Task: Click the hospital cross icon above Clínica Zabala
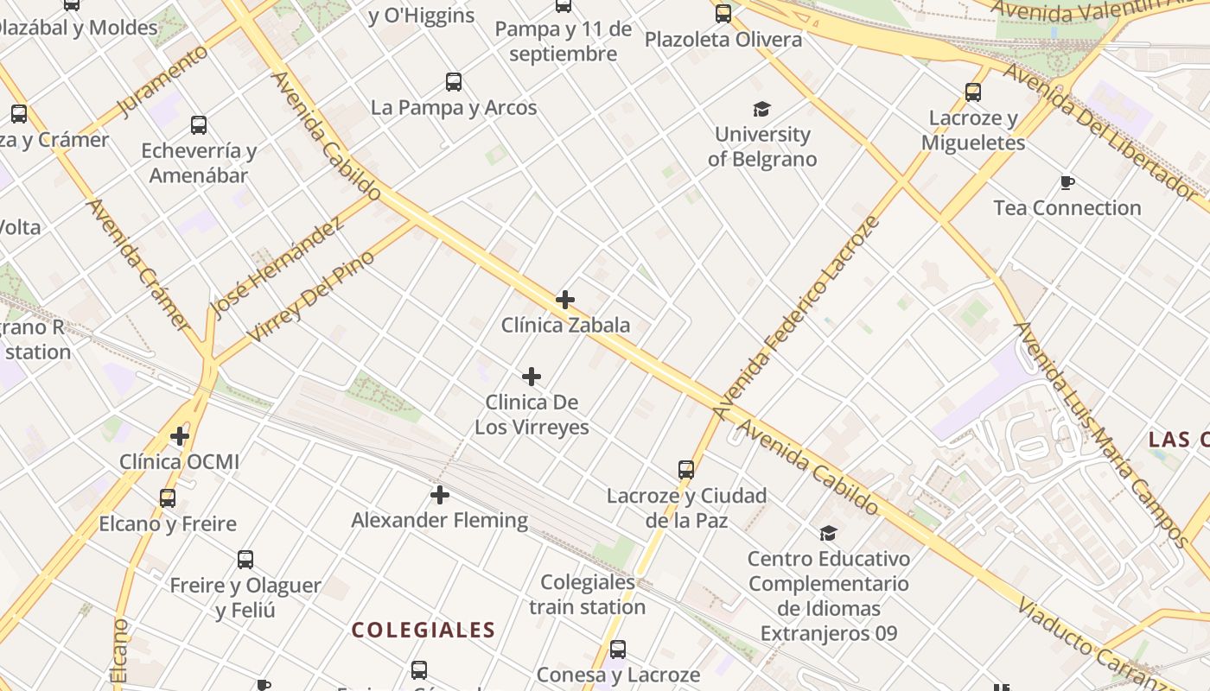tap(565, 300)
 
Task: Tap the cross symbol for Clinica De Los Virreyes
tap(532, 377)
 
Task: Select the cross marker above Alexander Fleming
tap(440, 495)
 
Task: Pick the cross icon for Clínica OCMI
tap(180, 436)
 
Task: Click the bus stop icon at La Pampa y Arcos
tap(454, 82)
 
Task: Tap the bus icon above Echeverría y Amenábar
tap(199, 125)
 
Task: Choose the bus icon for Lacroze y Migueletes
tap(973, 92)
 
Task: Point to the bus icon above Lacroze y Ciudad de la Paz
tap(686, 470)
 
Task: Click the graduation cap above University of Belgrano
tap(761, 109)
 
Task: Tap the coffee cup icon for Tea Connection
tap(1067, 182)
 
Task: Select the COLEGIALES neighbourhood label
tap(423, 630)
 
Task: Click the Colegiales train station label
tap(588, 594)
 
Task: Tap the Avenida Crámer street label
tap(138, 263)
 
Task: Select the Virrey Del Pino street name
tap(311, 295)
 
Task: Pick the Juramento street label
tap(162, 80)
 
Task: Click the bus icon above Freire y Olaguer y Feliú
tap(245, 560)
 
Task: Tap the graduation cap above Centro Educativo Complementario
tap(828, 533)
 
